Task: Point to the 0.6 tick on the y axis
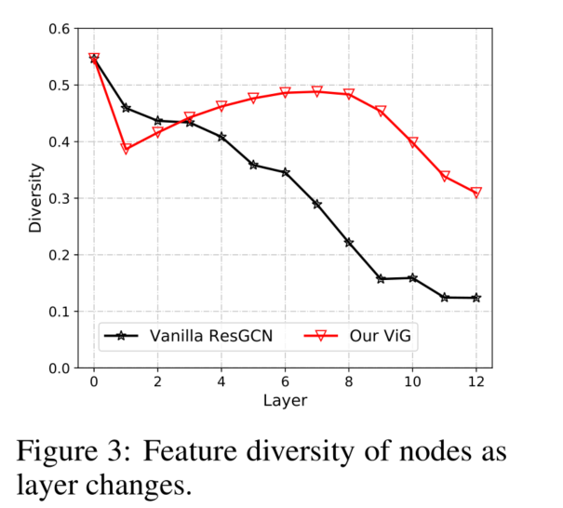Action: (x=58, y=29)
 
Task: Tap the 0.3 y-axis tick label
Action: (x=58, y=198)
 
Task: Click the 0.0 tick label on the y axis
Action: (x=58, y=368)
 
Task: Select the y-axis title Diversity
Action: (x=35, y=198)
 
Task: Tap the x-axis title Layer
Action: (x=285, y=401)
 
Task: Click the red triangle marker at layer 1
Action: (x=126, y=149)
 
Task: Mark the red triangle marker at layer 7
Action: (x=317, y=91)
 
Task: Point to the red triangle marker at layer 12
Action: (x=476, y=193)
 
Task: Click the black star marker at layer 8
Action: (x=349, y=242)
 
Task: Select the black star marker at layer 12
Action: (x=476, y=298)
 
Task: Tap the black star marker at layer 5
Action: (x=253, y=165)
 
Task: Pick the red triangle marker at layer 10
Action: (x=413, y=142)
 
